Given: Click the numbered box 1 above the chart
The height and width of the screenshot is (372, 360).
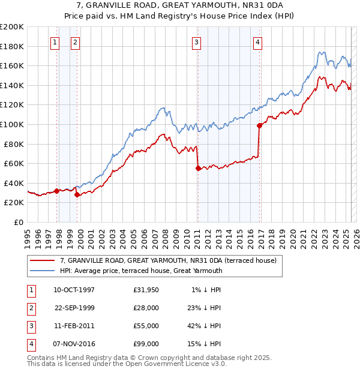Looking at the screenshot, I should point(55,42).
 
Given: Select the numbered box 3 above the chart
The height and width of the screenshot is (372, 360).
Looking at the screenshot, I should point(196,42).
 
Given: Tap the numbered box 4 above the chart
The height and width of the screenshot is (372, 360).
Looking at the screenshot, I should point(257,42).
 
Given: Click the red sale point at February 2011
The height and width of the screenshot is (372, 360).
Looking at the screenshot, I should point(197,169).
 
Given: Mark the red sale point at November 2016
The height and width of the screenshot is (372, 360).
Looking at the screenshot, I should point(259,125).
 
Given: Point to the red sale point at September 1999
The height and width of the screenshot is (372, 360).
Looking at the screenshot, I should point(77,194).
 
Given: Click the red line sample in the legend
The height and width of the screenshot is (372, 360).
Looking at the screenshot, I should point(42,260).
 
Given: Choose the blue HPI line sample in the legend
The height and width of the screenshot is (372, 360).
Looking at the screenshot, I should point(42,271).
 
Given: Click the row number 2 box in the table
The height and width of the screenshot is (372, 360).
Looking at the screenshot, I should point(30,308).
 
